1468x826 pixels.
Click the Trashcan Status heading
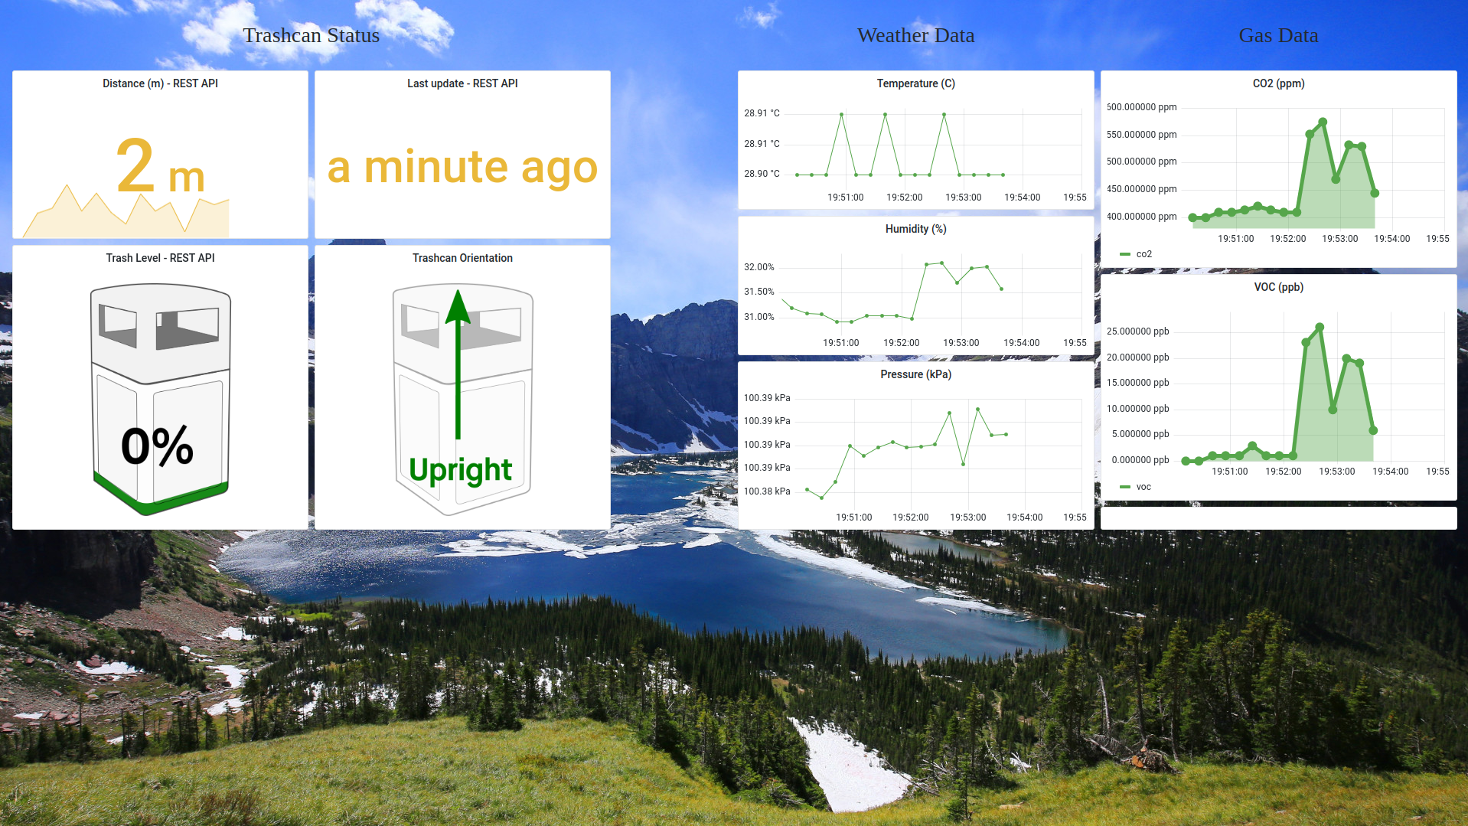[311, 35]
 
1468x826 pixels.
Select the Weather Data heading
[915, 35]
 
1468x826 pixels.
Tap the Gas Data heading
[1278, 35]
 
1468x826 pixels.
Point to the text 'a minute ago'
[462, 167]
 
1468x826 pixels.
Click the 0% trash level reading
[157, 446]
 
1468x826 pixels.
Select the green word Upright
[460, 470]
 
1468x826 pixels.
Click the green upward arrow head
[458, 306]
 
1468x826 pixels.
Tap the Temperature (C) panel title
[915, 83]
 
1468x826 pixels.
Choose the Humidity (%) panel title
[915, 229]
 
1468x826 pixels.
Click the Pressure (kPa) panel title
[915, 374]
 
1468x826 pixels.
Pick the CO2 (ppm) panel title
[1278, 83]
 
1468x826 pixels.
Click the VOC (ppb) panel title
[1278, 287]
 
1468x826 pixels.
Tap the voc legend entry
[1135, 487]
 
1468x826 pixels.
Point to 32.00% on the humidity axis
[759, 267]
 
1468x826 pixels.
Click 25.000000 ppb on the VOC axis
[1137, 331]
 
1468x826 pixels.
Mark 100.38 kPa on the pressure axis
[767, 491]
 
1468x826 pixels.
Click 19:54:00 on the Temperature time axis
[1022, 198]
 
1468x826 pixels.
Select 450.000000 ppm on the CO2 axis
[1141, 189]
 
